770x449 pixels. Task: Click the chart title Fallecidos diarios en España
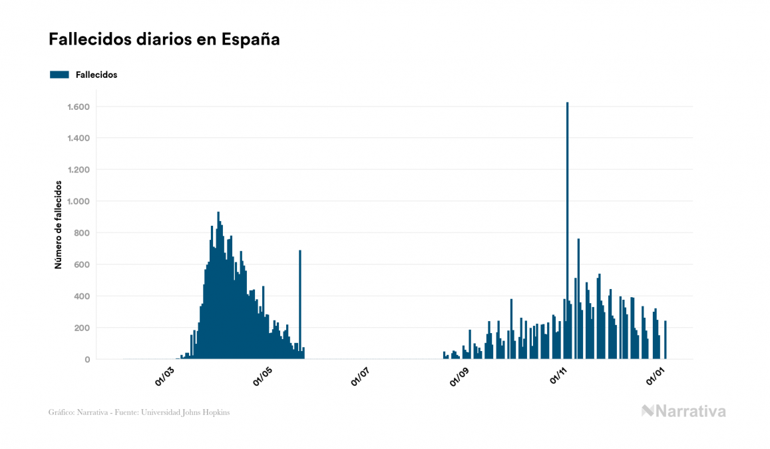point(164,39)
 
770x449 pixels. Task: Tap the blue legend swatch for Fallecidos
point(59,75)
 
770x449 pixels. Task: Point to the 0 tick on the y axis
point(87,360)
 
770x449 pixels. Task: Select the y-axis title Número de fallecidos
point(58,224)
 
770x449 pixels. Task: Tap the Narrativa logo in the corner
point(683,411)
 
